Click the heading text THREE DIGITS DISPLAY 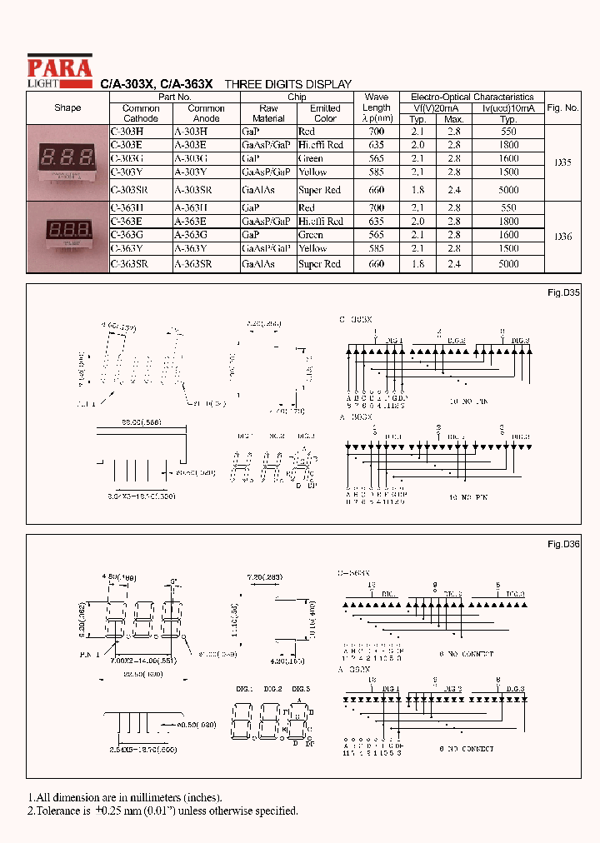click(x=288, y=84)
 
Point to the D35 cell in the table click(x=562, y=162)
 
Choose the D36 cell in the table click(x=562, y=237)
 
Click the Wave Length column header click(x=376, y=107)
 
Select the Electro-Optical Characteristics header click(x=472, y=97)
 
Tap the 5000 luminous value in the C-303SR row click(x=508, y=190)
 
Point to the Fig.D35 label click(x=563, y=293)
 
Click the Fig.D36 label click(x=563, y=544)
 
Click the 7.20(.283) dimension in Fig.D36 click(x=266, y=576)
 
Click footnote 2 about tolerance click(x=162, y=811)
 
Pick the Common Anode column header click(x=206, y=113)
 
